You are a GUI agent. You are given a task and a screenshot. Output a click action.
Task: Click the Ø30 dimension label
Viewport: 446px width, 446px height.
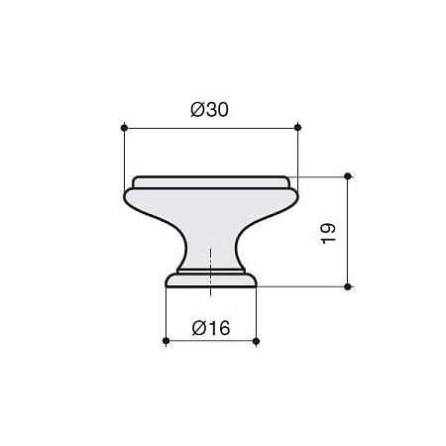(209, 110)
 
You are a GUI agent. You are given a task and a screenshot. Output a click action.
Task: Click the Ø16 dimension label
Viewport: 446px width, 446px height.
(211, 328)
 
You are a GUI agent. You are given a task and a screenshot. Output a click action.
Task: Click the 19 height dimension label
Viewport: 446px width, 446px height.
(328, 234)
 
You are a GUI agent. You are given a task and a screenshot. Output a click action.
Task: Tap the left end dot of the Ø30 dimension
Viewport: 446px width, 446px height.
(124, 128)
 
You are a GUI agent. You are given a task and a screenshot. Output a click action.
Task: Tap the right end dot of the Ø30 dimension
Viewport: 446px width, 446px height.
(297, 128)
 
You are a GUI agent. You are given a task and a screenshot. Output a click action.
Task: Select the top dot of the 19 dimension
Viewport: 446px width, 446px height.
(348, 176)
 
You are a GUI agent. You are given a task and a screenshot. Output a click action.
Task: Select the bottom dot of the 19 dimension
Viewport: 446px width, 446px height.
(348, 286)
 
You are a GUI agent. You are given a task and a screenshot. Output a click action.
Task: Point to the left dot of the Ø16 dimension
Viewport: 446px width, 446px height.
(167, 341)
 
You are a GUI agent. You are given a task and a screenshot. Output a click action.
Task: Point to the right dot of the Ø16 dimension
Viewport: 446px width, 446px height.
(256, 341)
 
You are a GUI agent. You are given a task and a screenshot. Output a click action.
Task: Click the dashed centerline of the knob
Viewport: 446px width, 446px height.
(210, 271)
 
